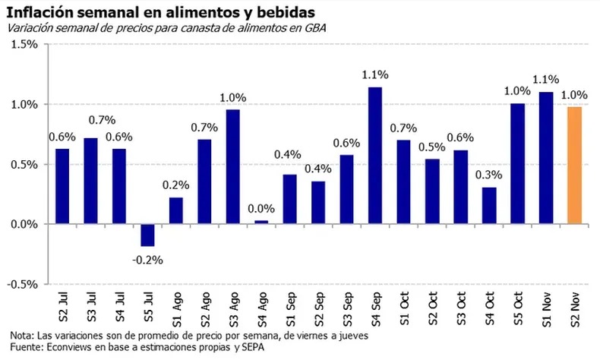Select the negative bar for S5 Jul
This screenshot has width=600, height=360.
(x=147, y=235)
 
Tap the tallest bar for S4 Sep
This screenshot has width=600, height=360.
(x=375, y=156)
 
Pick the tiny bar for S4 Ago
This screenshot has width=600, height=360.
(x=261, y=222)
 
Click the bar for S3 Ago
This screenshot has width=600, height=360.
(x=232, y=167)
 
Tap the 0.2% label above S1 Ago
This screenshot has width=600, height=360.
(x=175, y=185)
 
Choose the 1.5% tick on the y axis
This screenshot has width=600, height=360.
(x=23, y=44)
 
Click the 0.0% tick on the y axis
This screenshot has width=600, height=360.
(x=23, y=224)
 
